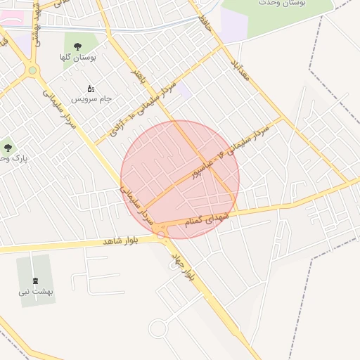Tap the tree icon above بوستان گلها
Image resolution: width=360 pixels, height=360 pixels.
pyautogui.click(x=77, y=46)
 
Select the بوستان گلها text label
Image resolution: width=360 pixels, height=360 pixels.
pyautogui.click(x=77, y=57)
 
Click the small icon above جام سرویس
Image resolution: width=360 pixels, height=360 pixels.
pyautogui.click(x=91, y=89)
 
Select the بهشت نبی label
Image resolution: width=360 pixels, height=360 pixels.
pyautogui.click(x=36, y=290)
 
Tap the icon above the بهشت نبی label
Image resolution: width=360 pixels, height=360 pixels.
pyautogui.click(x=35, y=280)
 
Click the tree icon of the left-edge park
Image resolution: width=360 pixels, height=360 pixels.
pyautogui.click(x=8, y=148)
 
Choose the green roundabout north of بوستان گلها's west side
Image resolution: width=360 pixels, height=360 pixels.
pyautogui.click(x=32, y=70)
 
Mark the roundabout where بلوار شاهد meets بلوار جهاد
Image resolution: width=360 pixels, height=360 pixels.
pyautogui.click(x=163, y=235)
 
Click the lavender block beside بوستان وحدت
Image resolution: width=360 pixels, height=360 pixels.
pyautogui.click(x=234, y=25)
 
